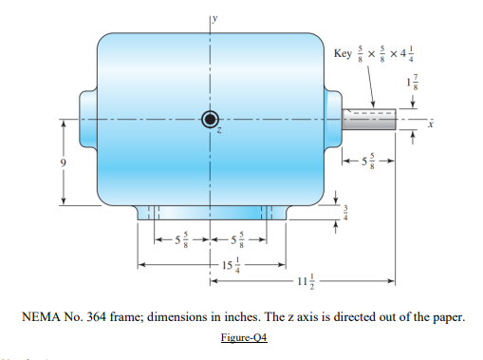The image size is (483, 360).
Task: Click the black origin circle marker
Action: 209,119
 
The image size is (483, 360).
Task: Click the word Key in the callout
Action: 344,49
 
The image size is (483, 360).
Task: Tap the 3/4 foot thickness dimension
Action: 345,215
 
